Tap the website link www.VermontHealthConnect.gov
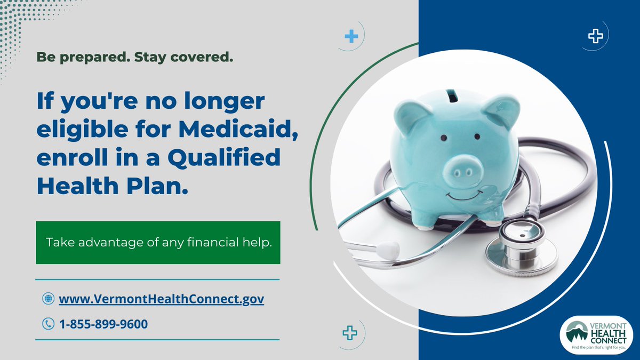click(x=161, y=299)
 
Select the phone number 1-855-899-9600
click(x=103, y=323)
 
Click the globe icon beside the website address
click(x=48, y=299)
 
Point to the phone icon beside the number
click(x=48, y=323)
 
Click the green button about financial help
click(x=158, y=243)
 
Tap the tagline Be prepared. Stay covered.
click(x=135, y=57)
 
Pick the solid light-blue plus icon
click(x=351, y=37)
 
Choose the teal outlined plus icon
click(x=349, y=333)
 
